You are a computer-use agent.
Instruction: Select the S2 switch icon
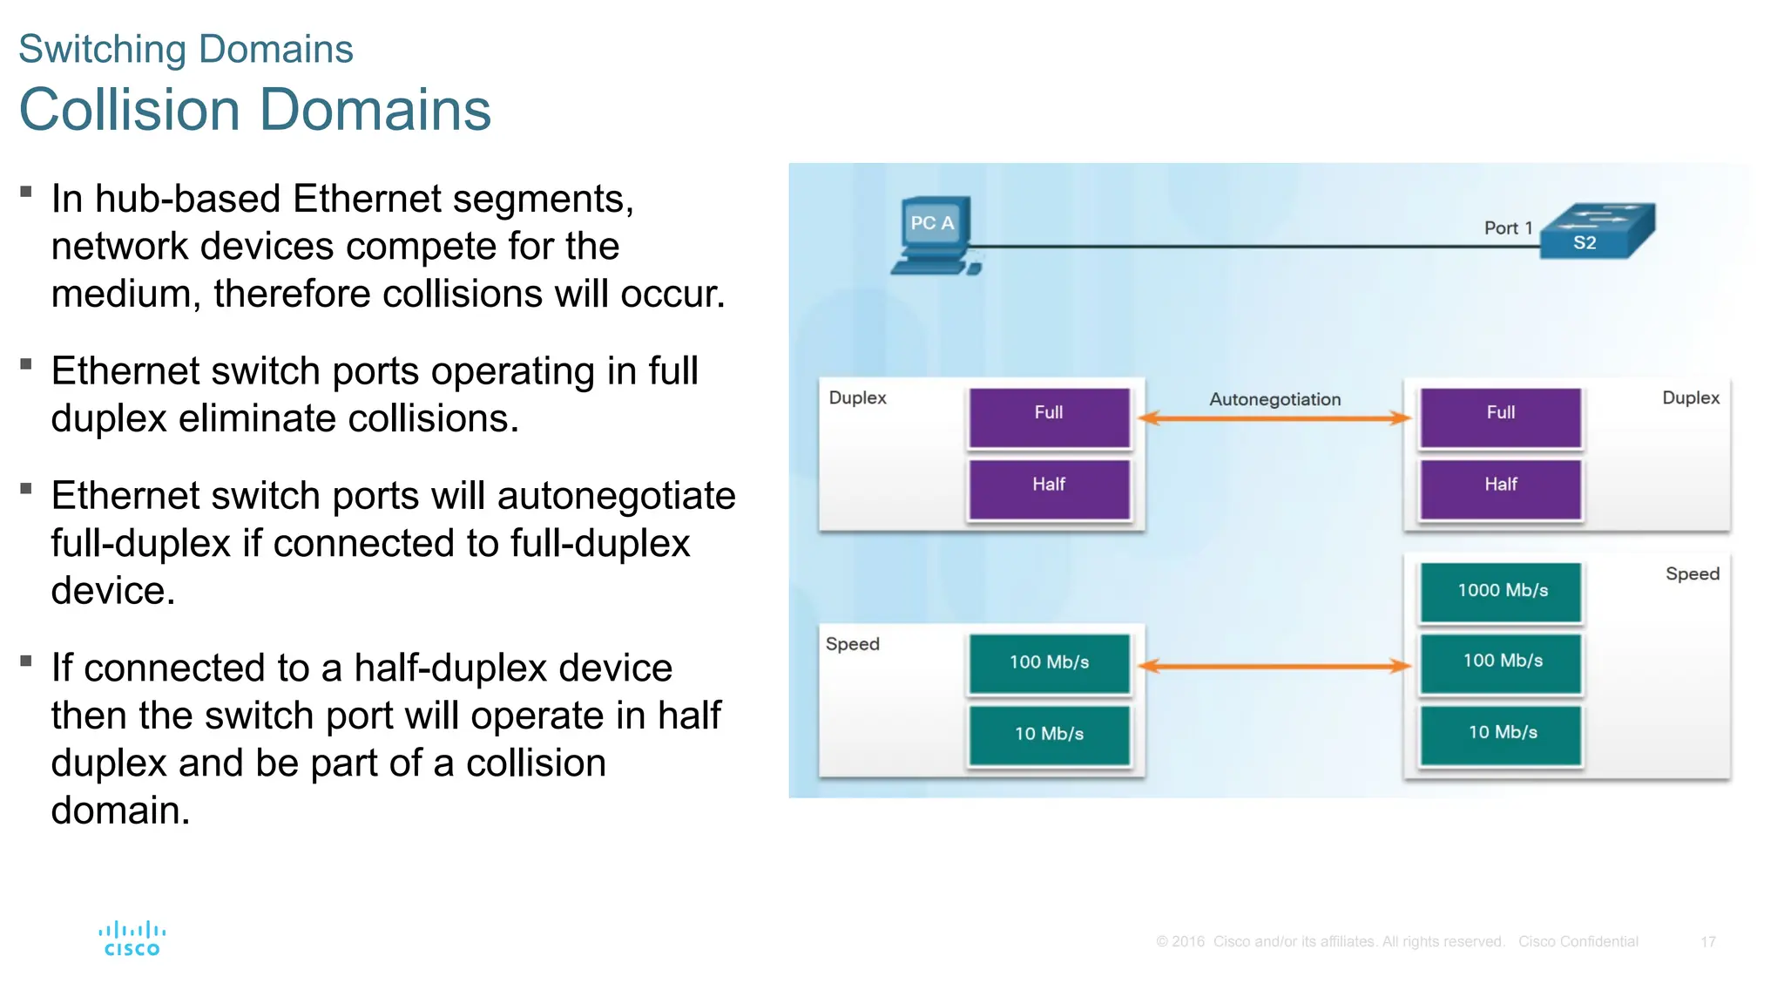(x=1598, y=231)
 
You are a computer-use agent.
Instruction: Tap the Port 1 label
(x=1507, y=228)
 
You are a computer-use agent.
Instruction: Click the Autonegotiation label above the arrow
(x=1274, y=399)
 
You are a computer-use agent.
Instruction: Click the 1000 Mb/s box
(x=1501, y=592)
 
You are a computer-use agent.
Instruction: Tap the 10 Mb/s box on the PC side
(x=1049, y=735)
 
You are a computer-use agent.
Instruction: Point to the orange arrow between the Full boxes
(x=1274, y=418)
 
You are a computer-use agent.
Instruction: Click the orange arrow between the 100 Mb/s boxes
(x=1274, y=667)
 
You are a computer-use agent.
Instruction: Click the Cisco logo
(x=132, y=939)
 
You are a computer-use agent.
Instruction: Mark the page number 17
(x=1707, y=942)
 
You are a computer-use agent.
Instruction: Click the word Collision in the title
(x=129, y=111)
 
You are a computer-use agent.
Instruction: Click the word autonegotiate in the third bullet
(x=616, y=497)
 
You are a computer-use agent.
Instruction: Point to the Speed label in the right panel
(x=1692, y=574)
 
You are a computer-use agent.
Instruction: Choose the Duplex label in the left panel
(x=857, y=398)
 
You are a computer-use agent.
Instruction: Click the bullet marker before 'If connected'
(x=26, y=661)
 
